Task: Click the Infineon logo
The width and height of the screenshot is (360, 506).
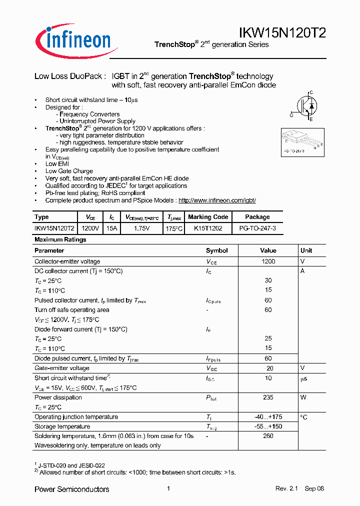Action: pos(73,38)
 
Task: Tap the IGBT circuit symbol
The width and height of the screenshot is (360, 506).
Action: pos(305,106)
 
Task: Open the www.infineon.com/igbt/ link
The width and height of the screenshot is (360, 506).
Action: pos(217,200)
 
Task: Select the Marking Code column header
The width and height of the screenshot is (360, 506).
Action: pos(208,217)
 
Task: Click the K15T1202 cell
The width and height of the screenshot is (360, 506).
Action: pos(208,227)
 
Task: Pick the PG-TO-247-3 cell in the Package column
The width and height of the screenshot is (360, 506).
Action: pos(257,227)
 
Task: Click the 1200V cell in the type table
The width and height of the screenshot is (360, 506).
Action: pos(90,227)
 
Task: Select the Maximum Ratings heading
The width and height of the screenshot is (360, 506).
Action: pos(60,239)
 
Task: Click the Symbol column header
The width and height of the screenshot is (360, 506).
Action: pos(216,250)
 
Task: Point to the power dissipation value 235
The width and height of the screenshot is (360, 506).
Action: pos(268,397)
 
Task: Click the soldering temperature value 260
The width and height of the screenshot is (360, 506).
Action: pos(268,436)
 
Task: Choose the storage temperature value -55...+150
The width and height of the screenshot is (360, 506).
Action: pos(268,426)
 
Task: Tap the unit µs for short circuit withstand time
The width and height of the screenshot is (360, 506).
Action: pos(303,378)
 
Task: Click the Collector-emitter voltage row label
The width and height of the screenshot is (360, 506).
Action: pos(67,261)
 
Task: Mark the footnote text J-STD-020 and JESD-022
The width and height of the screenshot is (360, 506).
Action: pos(72,465)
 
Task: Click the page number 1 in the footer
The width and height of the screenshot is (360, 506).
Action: pos(168,489)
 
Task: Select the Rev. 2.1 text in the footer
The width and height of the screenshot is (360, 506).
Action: pos(286,489)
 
